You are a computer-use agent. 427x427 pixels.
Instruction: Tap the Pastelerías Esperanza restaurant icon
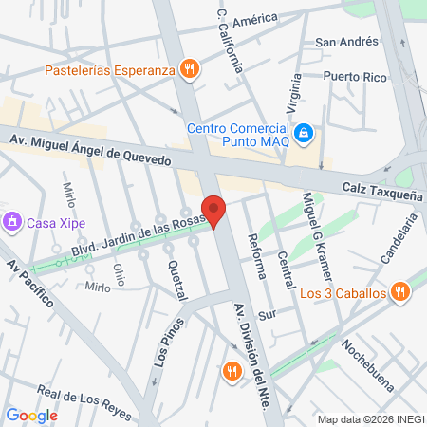[191, 68]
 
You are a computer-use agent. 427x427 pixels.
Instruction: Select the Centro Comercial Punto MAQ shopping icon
[303, 134]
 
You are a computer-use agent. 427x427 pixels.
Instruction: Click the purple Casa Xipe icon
[12, 223]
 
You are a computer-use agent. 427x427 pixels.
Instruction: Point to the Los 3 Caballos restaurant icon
[400, 292]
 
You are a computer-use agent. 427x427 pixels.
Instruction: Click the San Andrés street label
[347, 42]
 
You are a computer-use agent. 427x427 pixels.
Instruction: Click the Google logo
[32, 415]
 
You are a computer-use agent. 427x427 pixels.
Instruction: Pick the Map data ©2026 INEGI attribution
[370, 419]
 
